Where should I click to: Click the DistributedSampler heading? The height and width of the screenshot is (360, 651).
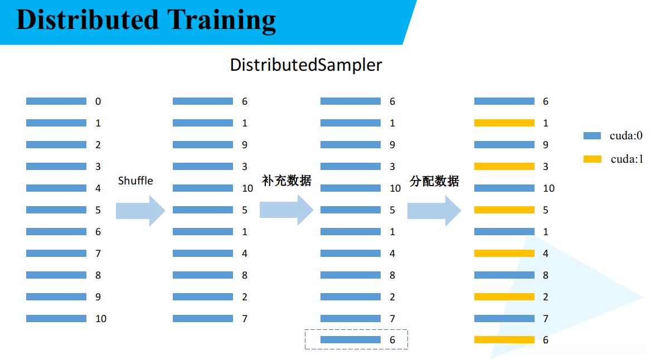coord(306,65)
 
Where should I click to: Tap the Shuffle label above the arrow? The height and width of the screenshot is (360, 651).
coord(135,181)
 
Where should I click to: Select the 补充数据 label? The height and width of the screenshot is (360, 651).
coord(286,181)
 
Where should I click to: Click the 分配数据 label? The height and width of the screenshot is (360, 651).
coord(434,181)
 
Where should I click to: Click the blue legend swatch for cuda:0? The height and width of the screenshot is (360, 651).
coord(592,135)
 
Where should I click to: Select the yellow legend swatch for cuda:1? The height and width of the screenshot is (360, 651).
coord(592,159)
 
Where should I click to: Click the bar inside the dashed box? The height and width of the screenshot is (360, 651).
coord(351,339)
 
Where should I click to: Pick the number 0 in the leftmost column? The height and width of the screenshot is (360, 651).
coord(98,101)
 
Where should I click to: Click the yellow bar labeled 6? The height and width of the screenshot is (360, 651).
coord(504,340)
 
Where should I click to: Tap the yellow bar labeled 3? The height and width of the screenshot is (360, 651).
coord(504,167)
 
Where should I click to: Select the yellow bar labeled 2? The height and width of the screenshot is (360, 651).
coord(504,297)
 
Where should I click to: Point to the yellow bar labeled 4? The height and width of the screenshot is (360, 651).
coord(504,254)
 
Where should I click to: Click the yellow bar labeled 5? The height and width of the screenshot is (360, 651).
coord(504,210)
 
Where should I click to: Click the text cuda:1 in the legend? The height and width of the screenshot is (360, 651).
coord(626,159)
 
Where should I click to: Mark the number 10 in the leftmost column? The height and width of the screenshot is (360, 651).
coord(100,319)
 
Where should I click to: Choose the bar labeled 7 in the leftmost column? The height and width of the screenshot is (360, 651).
coord(56,254)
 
